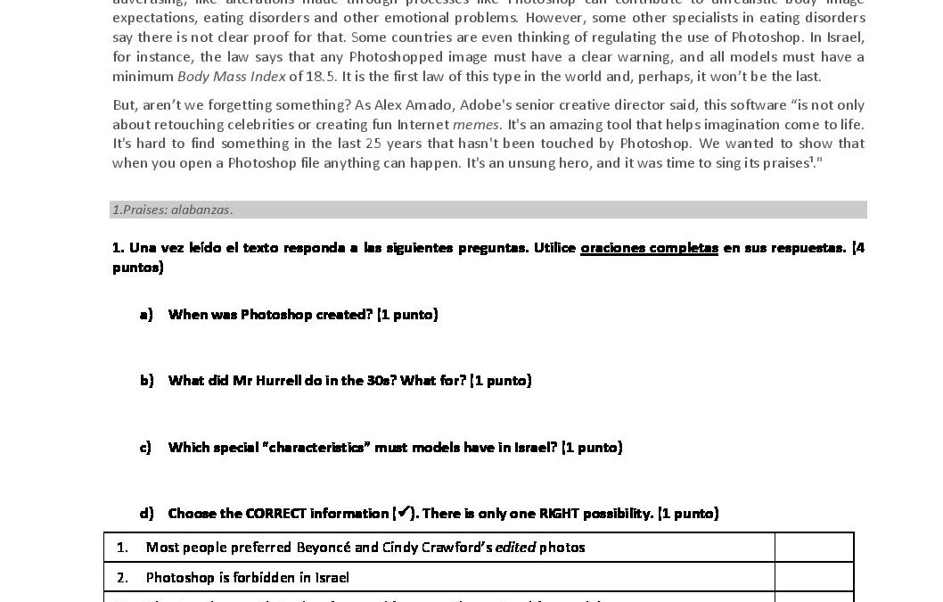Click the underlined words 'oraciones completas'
pos(649,248)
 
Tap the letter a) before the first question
pos(146,314)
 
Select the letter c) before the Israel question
pos(145,447)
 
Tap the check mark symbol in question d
pos(404,512)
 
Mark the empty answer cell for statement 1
pos(814,547)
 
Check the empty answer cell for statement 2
pos(814,577)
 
